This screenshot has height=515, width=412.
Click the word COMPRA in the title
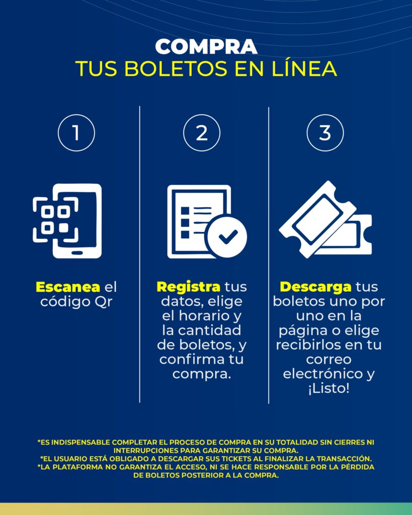point(206,47)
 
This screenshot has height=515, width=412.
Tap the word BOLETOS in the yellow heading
point(176,68)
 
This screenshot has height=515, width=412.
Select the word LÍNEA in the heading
point(304,68)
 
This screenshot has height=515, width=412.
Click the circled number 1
point(76,133)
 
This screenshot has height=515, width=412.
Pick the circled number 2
point(202,133)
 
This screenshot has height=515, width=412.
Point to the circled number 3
point(325,133)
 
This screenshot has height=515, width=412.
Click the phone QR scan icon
point(67,221)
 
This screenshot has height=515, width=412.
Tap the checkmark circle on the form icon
point(226,236)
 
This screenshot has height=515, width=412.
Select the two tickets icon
point(325,219)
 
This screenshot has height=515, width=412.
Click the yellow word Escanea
point(68,287)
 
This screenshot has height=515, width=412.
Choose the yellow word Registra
point(188,287)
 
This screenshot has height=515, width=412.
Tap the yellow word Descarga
point(315,287)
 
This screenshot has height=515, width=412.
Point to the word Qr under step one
point(104,302)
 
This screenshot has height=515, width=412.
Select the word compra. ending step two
point(202,374)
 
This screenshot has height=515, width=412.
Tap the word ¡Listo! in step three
point(328,389)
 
